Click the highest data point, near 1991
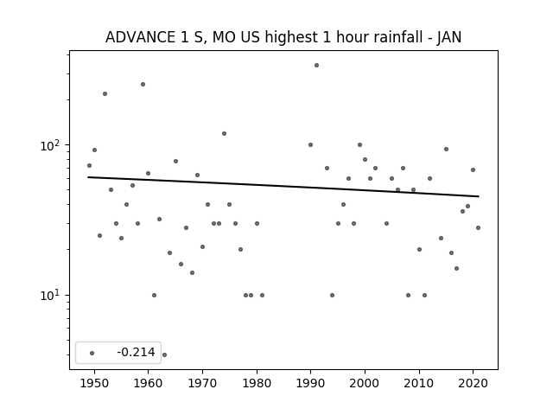tap(316, 66)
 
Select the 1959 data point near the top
tap(143, 85)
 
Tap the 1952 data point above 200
tap(105, 94)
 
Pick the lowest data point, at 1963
tap(164, 354)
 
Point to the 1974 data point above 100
tap(224, 133)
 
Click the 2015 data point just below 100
tap(446, 150)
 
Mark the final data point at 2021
tap(478, 228)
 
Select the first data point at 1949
tap(89, 165)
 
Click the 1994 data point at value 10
tap(332, 296)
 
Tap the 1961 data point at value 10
tap(154, 296)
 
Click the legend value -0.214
tap(136, 352)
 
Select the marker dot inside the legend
tap(92, 353)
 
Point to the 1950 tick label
tap(94, 383)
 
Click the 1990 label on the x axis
tap(311, 383)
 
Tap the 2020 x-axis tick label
tap(473, 383)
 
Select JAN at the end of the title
tap(449, 37)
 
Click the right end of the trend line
tap(479, 196)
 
